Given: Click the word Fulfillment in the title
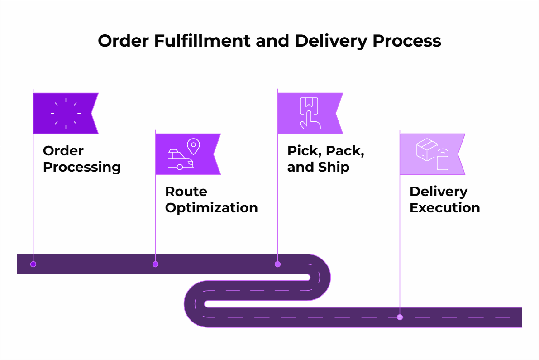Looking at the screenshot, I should pos(201,41).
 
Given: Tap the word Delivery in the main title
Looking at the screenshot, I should pos(331,41).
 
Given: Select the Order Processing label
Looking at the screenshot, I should pos(81,159).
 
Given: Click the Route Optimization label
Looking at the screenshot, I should pos(211,200).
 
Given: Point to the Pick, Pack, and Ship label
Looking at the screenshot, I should pos(325,159).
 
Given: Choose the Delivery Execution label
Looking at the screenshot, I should pos(444,200).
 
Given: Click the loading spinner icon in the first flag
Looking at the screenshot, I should pos(66,113).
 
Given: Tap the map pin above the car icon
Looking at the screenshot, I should pos(193,146).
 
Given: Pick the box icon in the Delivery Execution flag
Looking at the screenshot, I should pos(426,150).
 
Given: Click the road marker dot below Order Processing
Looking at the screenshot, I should pos(33,264).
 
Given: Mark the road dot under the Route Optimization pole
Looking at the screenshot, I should pos(155,264).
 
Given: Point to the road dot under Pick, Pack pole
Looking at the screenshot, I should pos(277,264).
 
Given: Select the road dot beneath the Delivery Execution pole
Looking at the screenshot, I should pos(400,317).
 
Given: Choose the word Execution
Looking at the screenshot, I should pos(444,208).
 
